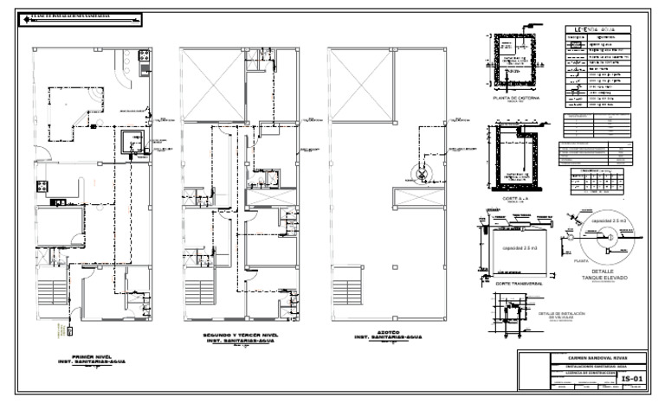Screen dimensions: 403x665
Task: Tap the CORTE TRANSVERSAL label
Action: (x=512, y=281)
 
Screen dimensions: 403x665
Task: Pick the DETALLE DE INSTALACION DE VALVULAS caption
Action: (x=562, y=315)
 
